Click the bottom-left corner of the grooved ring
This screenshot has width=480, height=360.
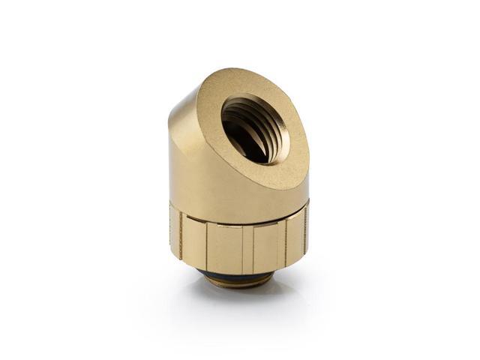pyautogui.click(x=173, y=255)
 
